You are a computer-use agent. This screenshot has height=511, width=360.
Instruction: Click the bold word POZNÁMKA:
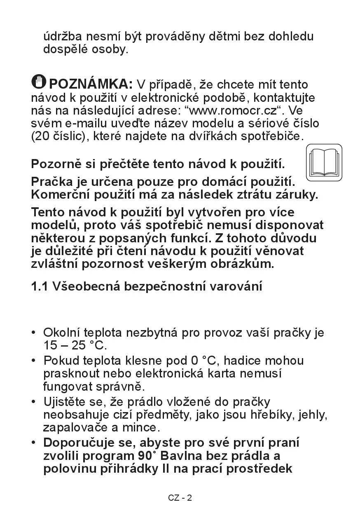coord(91,84)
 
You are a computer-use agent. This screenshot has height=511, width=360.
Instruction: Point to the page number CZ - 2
coord(180,498)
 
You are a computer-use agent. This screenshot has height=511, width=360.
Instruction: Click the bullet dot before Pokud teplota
coord(34,361)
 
